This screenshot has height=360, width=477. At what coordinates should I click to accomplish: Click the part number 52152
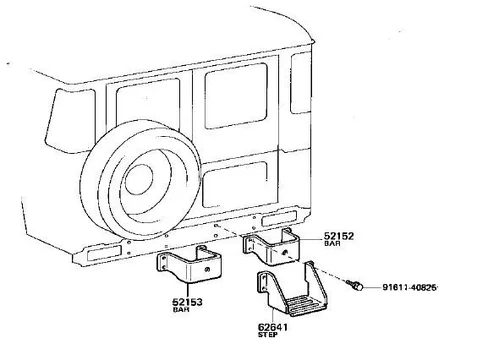(x=339, y=236)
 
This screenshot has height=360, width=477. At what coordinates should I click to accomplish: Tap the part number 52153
(x=187, y=302)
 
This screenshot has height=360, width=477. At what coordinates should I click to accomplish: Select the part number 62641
(x=272, y=327)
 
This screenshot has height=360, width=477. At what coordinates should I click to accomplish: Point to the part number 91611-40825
(x=409, y=287)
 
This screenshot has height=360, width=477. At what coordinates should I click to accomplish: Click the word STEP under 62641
(x=268, y=335)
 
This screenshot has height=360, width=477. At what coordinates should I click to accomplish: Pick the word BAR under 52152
(x=332, y=243)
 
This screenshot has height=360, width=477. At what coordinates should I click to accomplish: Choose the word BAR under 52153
(x=181, y=309)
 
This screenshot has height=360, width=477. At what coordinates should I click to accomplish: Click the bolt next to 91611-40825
(x=354, y=285)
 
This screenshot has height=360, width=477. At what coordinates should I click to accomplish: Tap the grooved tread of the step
(x=303, y=305)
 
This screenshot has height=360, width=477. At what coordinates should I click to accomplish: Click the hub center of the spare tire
(x=139, y=179)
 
